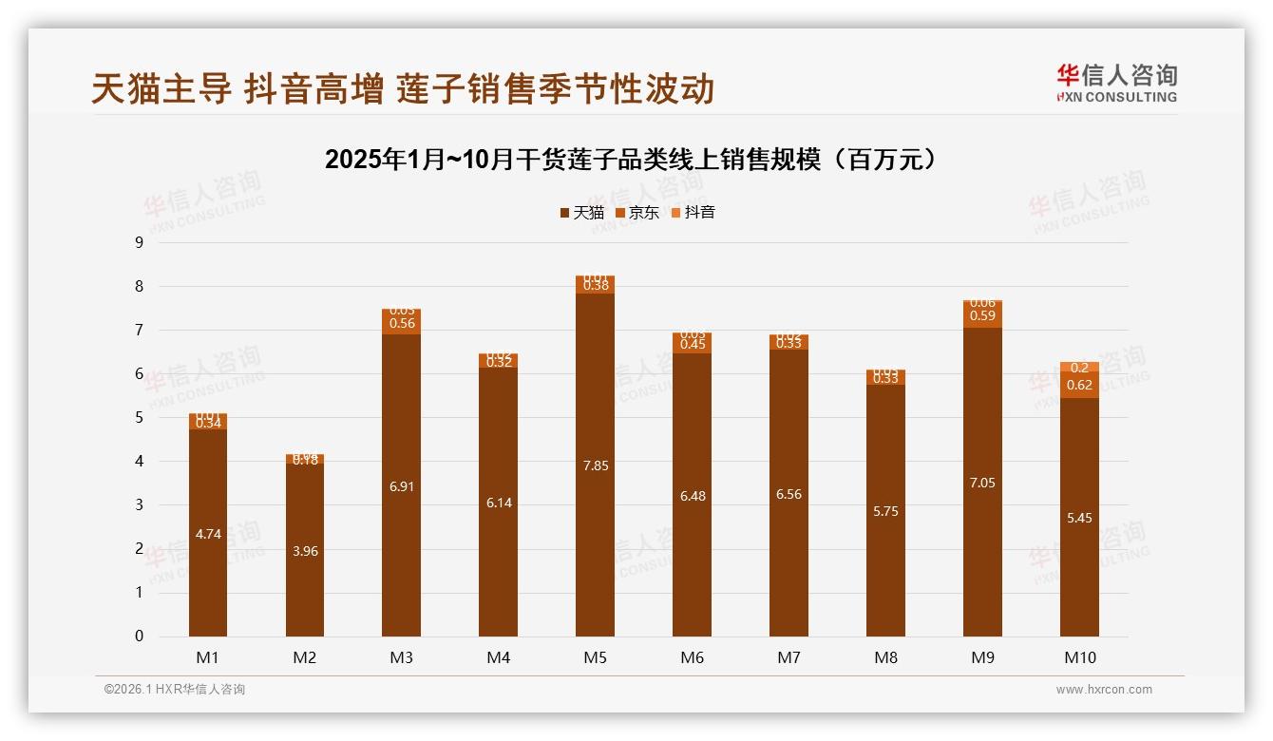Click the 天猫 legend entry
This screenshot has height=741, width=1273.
click(581, 213)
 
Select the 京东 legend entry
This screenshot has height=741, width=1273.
click(636, 213)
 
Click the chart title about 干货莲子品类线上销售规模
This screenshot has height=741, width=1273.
click(636, 160)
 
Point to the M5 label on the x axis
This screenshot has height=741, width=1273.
click(595, 657)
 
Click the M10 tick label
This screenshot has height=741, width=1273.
click(1079, 657)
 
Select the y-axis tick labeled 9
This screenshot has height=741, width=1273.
click(139, 242)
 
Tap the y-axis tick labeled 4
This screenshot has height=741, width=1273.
click(139, 462)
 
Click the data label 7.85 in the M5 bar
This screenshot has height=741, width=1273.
click(596, 465)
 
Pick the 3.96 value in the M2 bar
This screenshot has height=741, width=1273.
click(305, 551)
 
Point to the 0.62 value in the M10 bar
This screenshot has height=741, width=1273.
click(1080, 385)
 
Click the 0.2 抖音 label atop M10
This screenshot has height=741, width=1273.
click(1080, 368)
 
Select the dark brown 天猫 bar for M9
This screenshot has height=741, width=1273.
click(982, 483)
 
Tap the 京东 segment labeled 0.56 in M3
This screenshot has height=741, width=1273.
click(402, 323)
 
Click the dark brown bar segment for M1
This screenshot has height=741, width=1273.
click(208, 534)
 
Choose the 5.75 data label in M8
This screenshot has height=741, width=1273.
click(885, 511)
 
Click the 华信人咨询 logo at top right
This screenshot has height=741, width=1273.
click(1116, 83)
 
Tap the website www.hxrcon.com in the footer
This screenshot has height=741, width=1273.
click(1104, 690)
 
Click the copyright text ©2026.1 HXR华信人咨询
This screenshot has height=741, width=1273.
click(175, 690)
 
